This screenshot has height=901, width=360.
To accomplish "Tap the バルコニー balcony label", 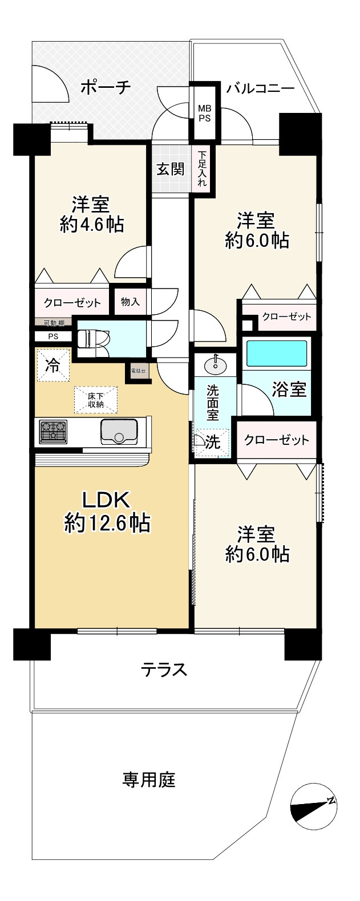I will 260,88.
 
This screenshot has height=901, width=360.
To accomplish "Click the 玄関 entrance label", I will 171,169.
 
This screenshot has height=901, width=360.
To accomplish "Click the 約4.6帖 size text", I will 91,224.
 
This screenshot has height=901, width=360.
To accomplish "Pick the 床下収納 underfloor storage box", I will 95,400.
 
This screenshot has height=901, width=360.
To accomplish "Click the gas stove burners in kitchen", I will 54,432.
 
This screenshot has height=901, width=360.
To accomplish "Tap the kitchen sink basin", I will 119,432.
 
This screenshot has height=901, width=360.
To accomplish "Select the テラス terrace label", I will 164,669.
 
